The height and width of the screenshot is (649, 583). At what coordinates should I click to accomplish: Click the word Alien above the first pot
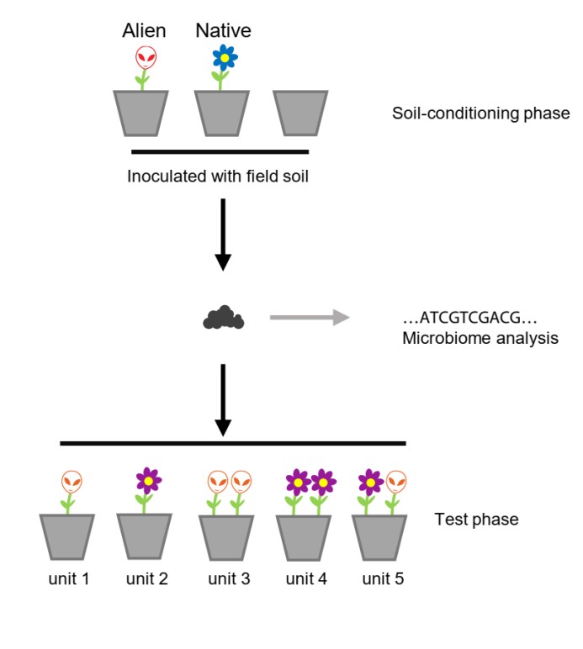click(144, 32)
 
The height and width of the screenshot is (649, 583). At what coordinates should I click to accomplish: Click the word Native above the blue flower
click(223, 32)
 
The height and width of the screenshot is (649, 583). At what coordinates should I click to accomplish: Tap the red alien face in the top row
click(146, 58)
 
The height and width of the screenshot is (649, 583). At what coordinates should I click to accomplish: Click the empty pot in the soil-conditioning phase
click(302, 113)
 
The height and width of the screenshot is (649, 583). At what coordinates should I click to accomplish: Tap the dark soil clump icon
click(223, 318)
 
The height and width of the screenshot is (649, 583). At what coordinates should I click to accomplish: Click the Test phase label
click(476, 520)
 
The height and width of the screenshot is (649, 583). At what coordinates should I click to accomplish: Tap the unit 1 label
click(69, 579)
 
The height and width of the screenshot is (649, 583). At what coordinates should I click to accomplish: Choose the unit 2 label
click(146, 579)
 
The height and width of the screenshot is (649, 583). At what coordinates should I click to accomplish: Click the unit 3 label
click(228, 579)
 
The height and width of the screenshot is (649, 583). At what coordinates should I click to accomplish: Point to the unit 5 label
click(384, 579)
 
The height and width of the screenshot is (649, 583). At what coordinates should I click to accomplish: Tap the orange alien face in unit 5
click(395, 482)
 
